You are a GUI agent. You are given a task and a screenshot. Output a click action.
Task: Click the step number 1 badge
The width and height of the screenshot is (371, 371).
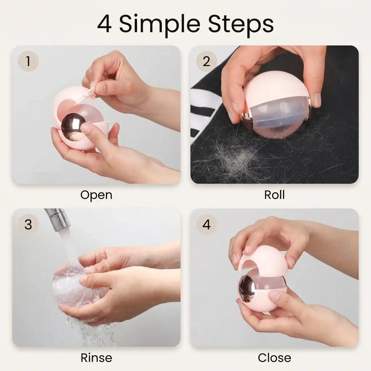coord(28,61)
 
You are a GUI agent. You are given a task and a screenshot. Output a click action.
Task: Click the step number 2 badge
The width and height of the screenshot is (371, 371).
coord(206,61)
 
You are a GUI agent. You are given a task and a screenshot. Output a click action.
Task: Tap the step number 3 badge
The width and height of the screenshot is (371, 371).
coord(28,224)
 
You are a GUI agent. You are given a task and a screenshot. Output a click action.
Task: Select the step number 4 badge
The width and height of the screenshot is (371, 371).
coord(206,224)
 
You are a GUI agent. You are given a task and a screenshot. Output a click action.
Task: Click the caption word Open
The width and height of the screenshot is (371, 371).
coord(96,195)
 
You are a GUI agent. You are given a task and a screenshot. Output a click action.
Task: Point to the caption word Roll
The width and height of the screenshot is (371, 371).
coord(274,195)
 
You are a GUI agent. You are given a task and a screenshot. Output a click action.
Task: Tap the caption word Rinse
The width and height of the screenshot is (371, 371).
coord(96,358)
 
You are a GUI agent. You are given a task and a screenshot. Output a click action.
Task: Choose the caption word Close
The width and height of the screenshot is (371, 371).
coord(275,358)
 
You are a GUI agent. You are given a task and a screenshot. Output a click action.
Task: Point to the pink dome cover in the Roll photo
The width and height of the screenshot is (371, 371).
coord(277,88)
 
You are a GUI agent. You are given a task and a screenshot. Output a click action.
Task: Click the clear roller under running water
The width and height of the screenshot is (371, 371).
coord(71,286)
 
